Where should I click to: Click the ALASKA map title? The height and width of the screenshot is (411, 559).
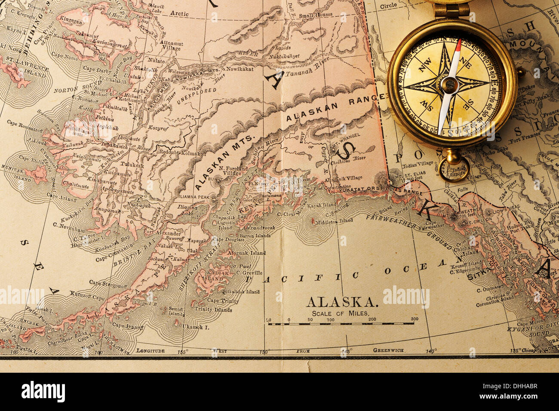[x=342, y=302]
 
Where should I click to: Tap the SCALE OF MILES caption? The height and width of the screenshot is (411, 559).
[x=340, y=313]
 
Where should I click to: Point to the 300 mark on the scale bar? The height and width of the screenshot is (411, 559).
[x=414, y=319]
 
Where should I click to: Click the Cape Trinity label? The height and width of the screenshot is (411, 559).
[x=222, y=301]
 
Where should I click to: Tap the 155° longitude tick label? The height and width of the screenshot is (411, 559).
[x=183, y=351]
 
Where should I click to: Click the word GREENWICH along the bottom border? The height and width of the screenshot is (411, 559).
[x=388, y=350]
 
